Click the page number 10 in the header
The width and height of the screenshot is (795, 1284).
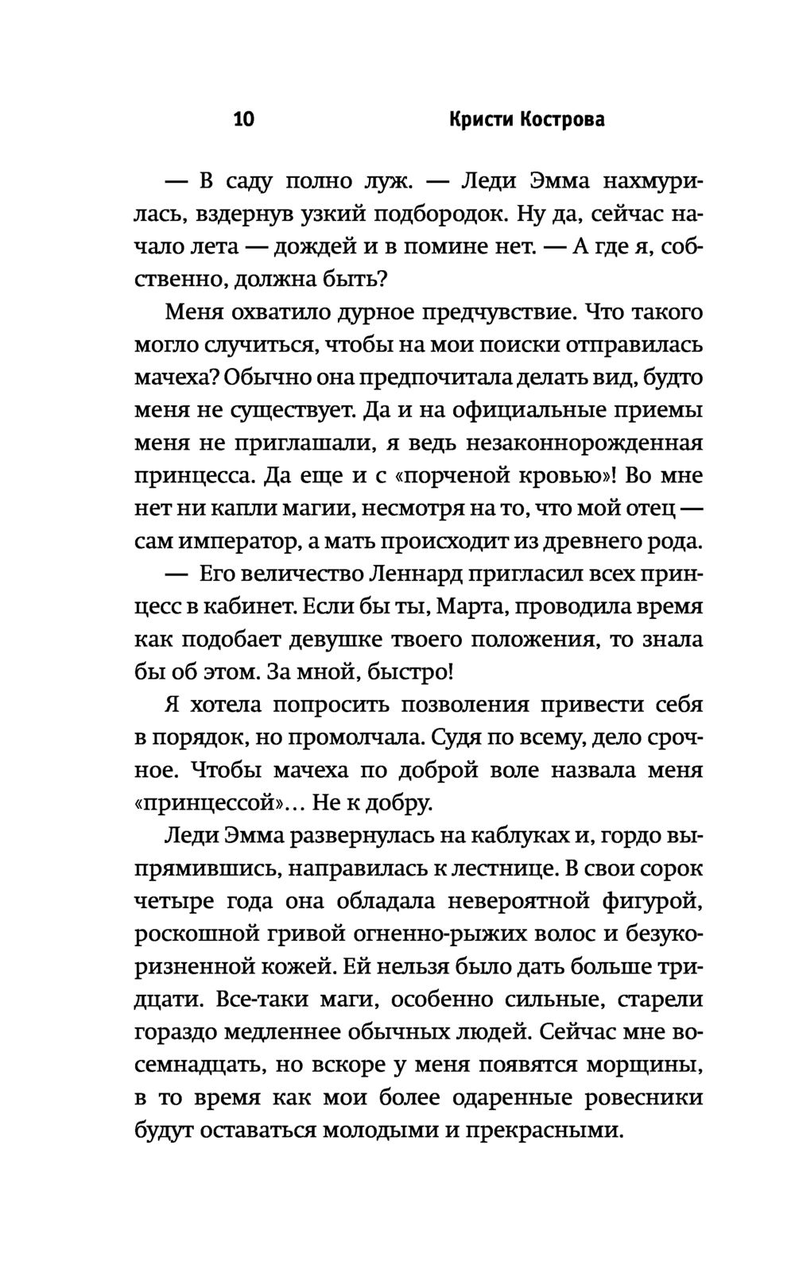coord(244,120)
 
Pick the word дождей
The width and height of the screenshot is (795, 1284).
coord(314,246)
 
